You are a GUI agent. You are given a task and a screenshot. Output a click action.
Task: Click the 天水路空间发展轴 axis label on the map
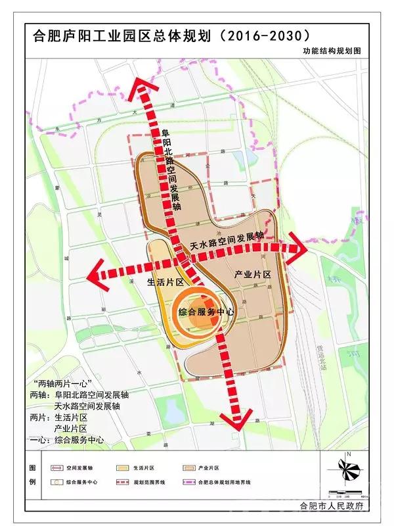(x=227, y=239)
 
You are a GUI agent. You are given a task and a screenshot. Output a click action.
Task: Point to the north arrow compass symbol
(x=349, y=469)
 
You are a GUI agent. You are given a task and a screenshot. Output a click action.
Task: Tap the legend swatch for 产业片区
(x=190, y=468)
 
